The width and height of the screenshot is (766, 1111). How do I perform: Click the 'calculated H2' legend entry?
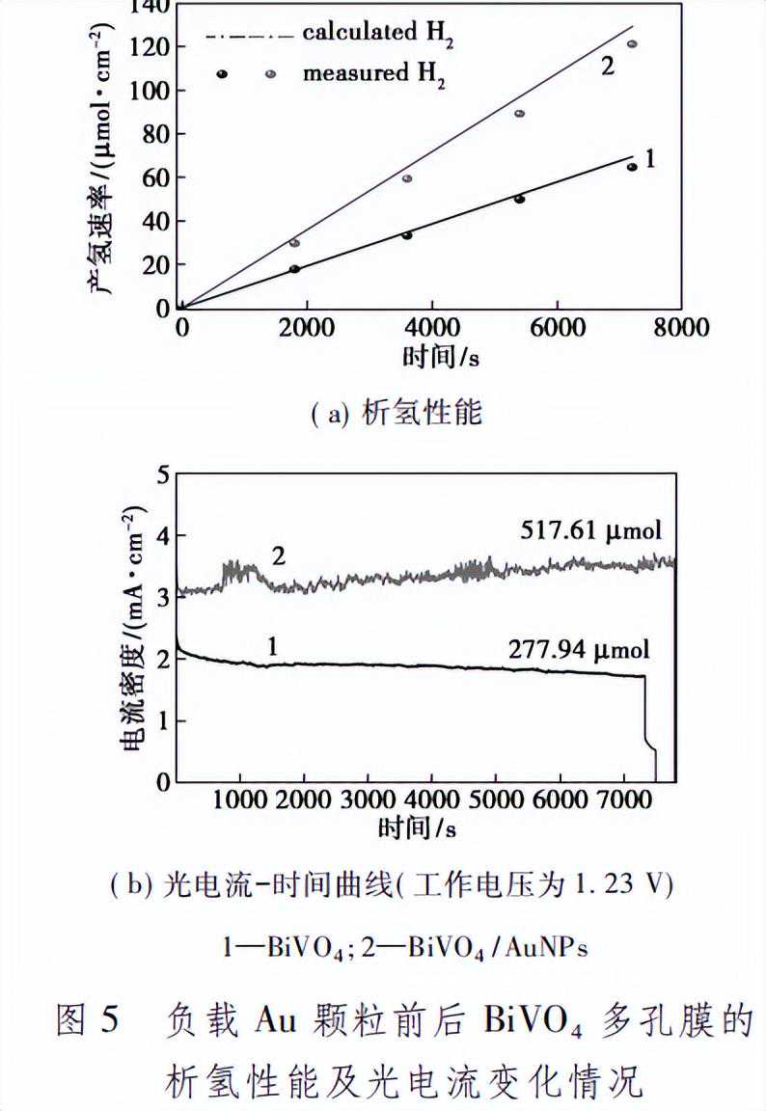click(x=377, y=32)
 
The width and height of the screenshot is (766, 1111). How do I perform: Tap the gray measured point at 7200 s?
click(x=632, y=44)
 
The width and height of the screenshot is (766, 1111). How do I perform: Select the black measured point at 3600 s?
click(x=407, y=235)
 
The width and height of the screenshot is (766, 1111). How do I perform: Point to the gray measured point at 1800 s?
click(x=294, y=243)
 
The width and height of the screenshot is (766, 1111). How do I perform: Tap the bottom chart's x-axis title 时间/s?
click(x=417, y=826)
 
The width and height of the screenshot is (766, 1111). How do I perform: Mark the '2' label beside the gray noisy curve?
click(x=279, y=556)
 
